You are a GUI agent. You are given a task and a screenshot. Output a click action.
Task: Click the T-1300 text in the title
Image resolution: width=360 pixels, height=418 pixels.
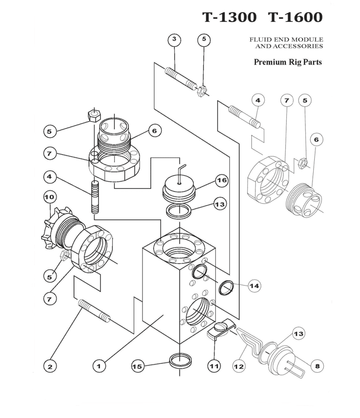coord(230,17)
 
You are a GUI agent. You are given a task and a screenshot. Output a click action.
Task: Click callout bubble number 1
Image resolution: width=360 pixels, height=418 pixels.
coord(99,366)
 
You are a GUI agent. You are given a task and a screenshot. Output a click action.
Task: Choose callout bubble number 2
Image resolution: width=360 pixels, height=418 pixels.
coord(50,367)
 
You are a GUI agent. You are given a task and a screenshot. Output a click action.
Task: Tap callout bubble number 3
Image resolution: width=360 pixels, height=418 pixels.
coord(174,40)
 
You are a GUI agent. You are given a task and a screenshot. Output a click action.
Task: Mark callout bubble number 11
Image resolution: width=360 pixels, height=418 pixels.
coord(214,366)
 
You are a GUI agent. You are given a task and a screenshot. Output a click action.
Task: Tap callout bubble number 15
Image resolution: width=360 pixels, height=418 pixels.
coord(137,366)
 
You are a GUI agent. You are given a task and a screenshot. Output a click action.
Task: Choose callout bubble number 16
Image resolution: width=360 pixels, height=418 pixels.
coord(221,181)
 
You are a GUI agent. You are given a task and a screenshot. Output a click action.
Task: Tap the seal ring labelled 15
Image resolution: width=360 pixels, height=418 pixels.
coord(181,360)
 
